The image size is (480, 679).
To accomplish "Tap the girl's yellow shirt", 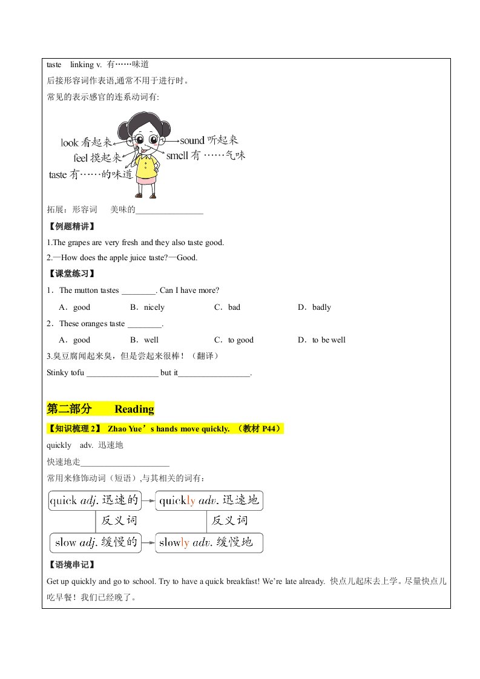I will tap(146, 163).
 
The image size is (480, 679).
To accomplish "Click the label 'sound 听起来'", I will tap(205, 140).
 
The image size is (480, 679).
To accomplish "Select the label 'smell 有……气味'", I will tap(206, 156).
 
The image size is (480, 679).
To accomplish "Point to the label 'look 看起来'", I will tap(87, 143).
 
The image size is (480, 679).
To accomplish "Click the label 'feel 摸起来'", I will tap(97, 159).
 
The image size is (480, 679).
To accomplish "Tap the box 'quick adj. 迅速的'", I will tap(94, 500).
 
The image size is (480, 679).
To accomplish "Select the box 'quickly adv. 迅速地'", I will tap(209, 500).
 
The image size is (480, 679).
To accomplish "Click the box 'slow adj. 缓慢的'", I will tap(94, 542).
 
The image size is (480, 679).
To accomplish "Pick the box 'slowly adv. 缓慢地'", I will tap(209, 542).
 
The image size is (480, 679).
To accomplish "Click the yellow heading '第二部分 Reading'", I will tap(100, 409).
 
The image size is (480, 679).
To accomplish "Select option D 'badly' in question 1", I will tap(315, 307).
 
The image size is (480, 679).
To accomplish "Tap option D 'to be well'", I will tap(322, 340).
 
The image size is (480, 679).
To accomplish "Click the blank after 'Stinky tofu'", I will tap(122, 373).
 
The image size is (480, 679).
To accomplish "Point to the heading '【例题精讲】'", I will tap(71, 227).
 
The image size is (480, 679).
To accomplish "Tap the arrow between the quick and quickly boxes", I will tap(148, 501).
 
